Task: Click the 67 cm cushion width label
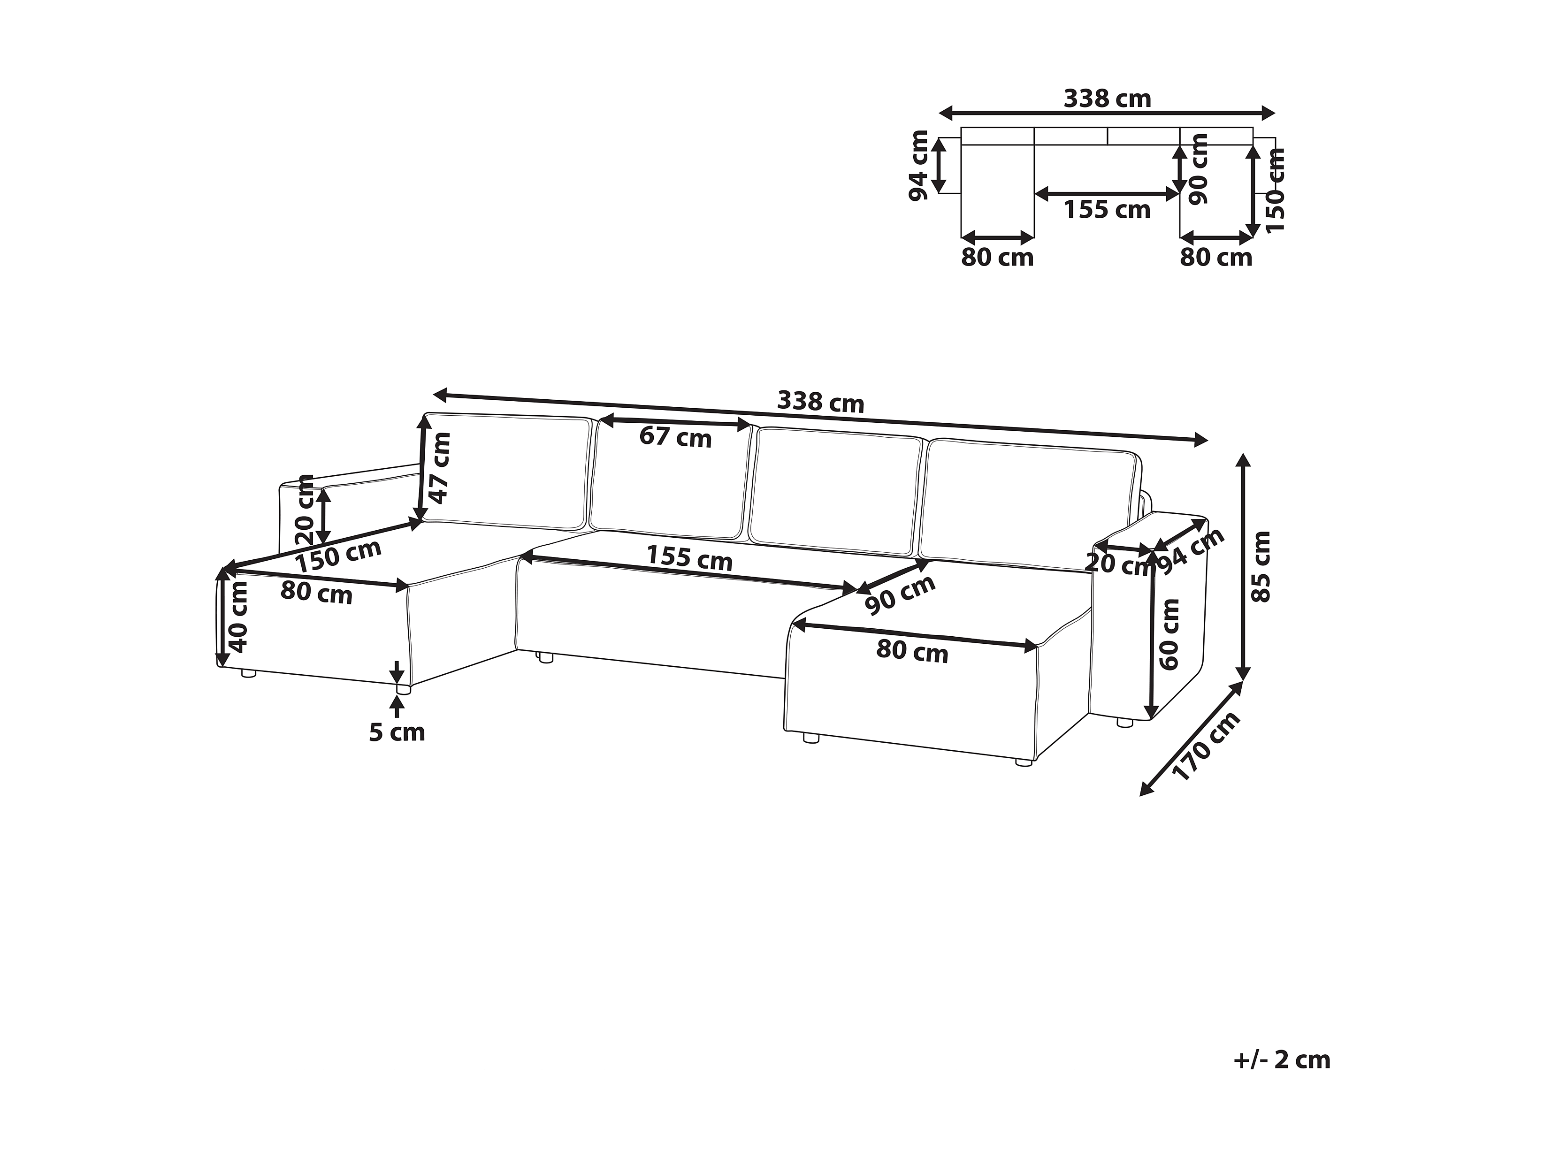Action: [x=675, y=438]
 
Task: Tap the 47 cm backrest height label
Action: [x=440, y=468]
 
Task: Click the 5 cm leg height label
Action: [x=397, y=732]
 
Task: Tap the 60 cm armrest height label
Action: [x=1169, y=634]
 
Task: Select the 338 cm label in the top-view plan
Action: [x=1107, y=99]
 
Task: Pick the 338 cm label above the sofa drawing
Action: [x=820, y=403]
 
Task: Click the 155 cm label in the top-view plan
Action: [x=1107, y=209]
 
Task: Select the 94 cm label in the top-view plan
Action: [x=918, y=166]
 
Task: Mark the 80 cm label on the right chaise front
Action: [x=912, y=652]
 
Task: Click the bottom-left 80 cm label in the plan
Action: [x=997, y=258]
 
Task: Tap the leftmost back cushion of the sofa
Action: [x=507, y=471]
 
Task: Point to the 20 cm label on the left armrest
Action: [x=305, y=510]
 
